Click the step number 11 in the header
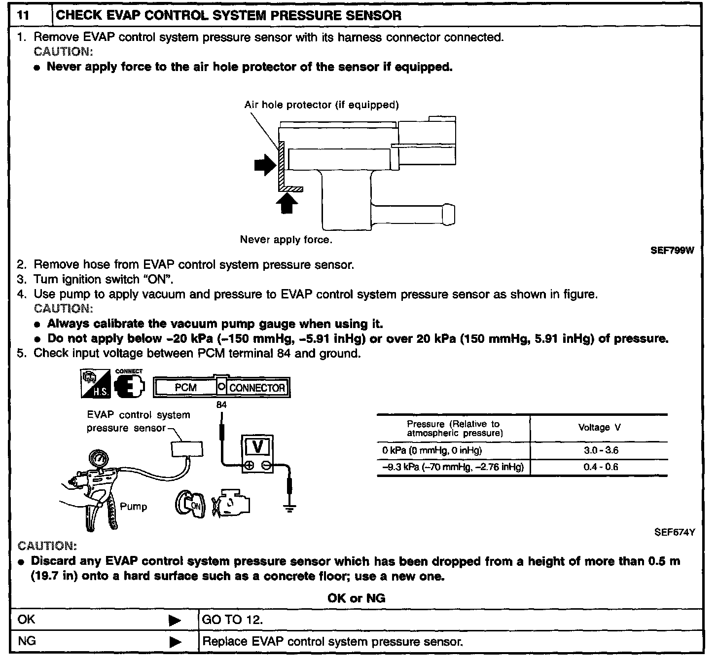pyautogui.click(x=22, y=15)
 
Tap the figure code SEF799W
pyautogui.click(x=672, y=251)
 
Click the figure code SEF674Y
pyautogui.click(x=674, y=532)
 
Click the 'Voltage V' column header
pyautogui.click(x=599, y=428)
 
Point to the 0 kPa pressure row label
pyautogui.click(x=432, y=450)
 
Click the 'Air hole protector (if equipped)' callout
pyautogui.click(x=322, y=105)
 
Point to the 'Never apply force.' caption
pyautogui.click(x=286, y=240)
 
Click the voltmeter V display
pyautogui.click(x=257, y=446)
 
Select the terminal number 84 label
pyautogui.click(x=221, y=404)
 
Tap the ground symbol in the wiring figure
pyautogui.click(x=290, y=508)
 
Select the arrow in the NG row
pyautogui.click(x=175, y=642)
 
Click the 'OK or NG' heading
pyautogui.click(x=356, y=598)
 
